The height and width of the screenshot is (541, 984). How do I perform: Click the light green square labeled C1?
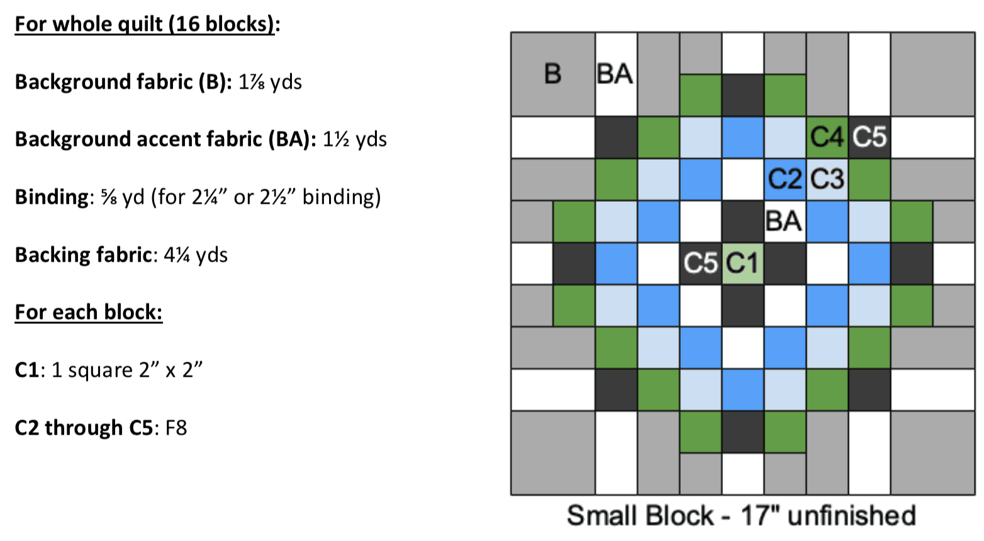point(742,263)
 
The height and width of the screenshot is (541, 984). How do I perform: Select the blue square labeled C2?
point(785,179)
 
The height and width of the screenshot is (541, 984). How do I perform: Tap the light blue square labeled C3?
point(827,179)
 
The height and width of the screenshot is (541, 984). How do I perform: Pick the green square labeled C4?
point(827,137)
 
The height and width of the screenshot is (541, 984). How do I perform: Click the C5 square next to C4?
point(869,137)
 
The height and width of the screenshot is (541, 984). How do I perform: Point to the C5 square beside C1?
point(700,263)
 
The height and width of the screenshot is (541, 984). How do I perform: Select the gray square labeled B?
point(552,74)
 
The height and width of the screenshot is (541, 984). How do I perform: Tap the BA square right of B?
point(615,74)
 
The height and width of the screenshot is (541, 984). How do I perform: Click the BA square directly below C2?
point(785,221)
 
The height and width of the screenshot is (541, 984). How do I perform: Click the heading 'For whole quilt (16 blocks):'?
point(147,24)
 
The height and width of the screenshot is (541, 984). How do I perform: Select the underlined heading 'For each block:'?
point(89,312)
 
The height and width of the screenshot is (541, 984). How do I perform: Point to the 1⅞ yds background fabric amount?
point(270,82)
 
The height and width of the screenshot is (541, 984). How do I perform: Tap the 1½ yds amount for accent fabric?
point(354,139)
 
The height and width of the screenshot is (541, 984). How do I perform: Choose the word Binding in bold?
point(51,197)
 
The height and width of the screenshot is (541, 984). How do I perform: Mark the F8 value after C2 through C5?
point(176,428)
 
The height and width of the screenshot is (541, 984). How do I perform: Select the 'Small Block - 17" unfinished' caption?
point(741,515)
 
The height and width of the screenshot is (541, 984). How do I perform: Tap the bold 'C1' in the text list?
point(26,370)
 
